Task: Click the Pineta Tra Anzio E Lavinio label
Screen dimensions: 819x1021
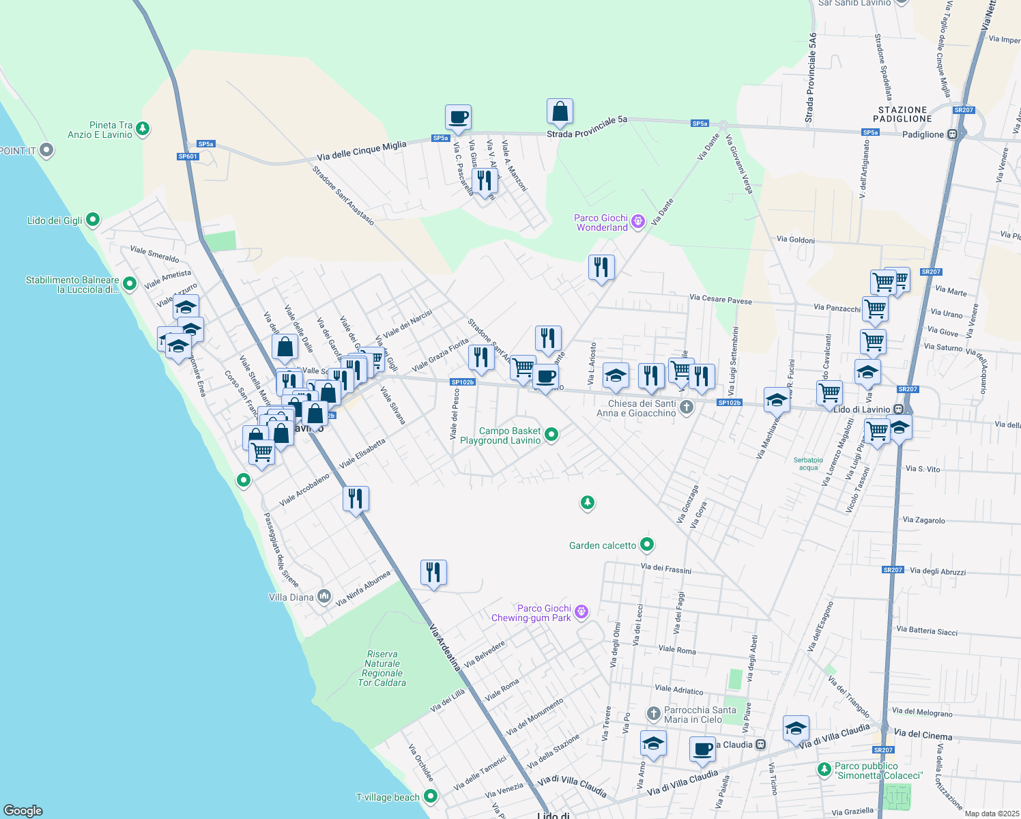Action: pos(100,130)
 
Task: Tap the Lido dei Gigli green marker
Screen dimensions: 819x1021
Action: pos(93,220)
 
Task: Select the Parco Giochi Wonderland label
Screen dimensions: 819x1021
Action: pos(601,222)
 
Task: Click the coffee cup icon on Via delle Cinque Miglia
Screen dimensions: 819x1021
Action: pos(458,117)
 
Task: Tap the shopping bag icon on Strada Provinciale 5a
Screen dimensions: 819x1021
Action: pos(559,112)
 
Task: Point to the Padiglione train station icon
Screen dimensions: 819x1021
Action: pos(953,134)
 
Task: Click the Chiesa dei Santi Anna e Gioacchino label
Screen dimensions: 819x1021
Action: pos(636,408)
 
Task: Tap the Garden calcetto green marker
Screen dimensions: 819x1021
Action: pos(647,545)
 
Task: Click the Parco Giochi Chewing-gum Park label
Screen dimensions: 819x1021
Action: pos(531,613)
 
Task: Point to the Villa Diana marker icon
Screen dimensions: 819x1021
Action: pos(324,597)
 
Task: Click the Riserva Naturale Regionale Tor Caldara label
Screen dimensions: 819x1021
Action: pos(382,668)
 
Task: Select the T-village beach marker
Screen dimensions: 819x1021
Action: pos(430,796)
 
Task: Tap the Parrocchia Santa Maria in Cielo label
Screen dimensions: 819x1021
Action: pos(700,715)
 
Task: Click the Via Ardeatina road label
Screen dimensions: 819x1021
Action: pos(445,647)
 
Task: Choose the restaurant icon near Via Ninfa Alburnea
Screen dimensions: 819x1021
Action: pos(433,572)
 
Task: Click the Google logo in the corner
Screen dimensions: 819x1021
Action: pos(23,810)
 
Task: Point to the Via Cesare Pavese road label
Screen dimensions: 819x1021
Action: pos(720,299)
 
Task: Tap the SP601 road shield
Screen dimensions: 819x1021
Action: pos(187,156)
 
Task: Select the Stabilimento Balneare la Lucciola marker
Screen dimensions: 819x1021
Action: pos(130,283)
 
